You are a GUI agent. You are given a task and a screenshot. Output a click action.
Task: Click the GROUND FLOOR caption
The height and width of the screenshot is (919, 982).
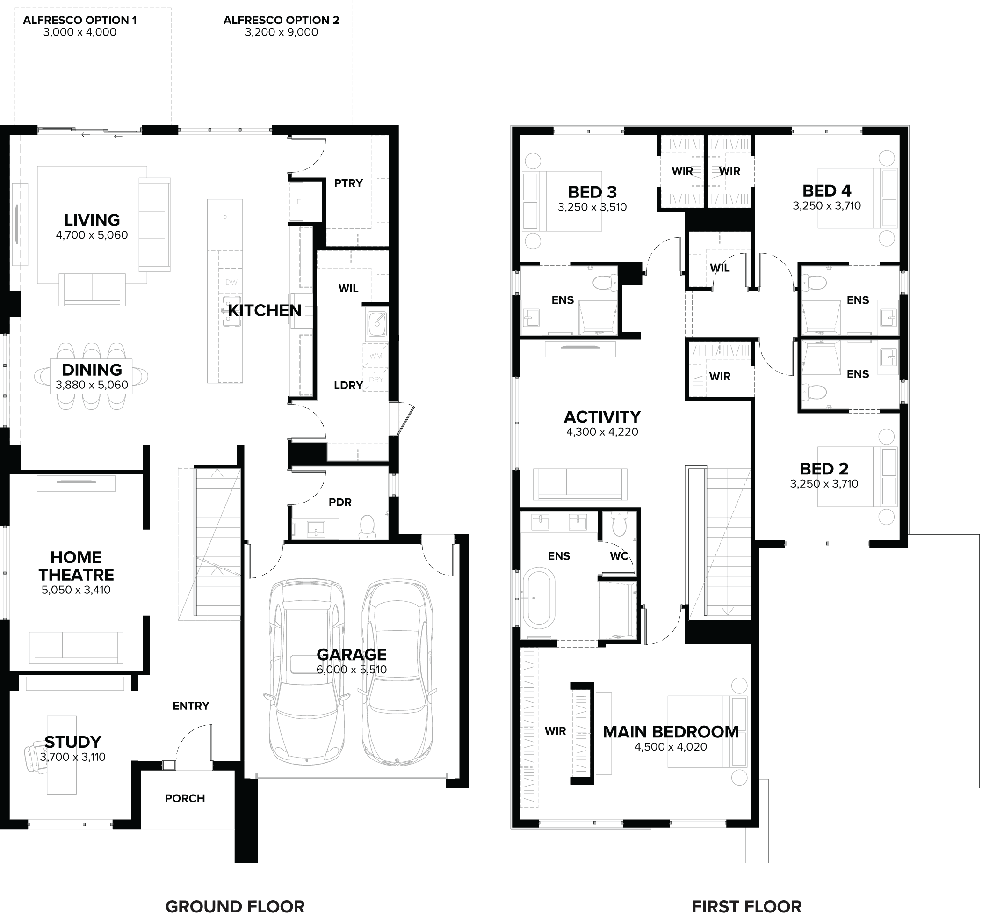pyautogui.click(x=235, y=907)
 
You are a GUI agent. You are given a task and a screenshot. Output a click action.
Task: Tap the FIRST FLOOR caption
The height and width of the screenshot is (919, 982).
pyautogui.click(x=746, y=907)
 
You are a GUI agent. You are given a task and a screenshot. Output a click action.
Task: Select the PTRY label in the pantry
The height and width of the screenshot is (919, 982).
pyautogui.click(x=348, y=183)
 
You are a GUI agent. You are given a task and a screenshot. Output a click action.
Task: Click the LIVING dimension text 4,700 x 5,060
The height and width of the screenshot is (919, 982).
pyautogui.click(x=92, y=235)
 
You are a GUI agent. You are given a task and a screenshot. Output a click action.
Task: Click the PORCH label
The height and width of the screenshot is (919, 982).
pyautogui.click(x=185, y=798)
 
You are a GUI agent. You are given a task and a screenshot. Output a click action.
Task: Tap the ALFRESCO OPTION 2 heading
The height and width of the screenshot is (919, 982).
pyautogui.click(x=281, y=20)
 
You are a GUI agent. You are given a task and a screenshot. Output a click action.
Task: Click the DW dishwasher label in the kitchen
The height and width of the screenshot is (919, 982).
pyautogui.click(x=231, y=282)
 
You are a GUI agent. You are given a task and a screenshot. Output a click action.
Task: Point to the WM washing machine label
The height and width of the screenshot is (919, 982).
pyautogui.click(x=375, y=356)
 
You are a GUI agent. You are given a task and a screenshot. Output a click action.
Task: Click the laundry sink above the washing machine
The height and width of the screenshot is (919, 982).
pyautogui.click(x=377, y=322)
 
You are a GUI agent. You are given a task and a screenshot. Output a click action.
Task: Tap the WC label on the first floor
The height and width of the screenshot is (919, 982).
pyautogui.click(x=619, y=556)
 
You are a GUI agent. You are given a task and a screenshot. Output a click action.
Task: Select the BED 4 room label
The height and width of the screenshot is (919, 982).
pyautogui.click(x=827, y=191)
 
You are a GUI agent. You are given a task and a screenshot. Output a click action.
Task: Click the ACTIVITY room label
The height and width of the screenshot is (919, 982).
pyautogui.click(x=602, y=417)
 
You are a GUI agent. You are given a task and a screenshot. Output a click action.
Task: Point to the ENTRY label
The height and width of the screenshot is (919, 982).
pyautogui.click(x=191, y=706)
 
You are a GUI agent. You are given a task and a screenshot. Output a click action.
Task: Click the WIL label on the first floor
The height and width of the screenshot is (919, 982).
pyautogui.click(x=720, y=268)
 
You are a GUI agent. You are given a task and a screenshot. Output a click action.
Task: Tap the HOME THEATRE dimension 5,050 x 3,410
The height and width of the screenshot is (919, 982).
pyautogui.click(x=76, y=590)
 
